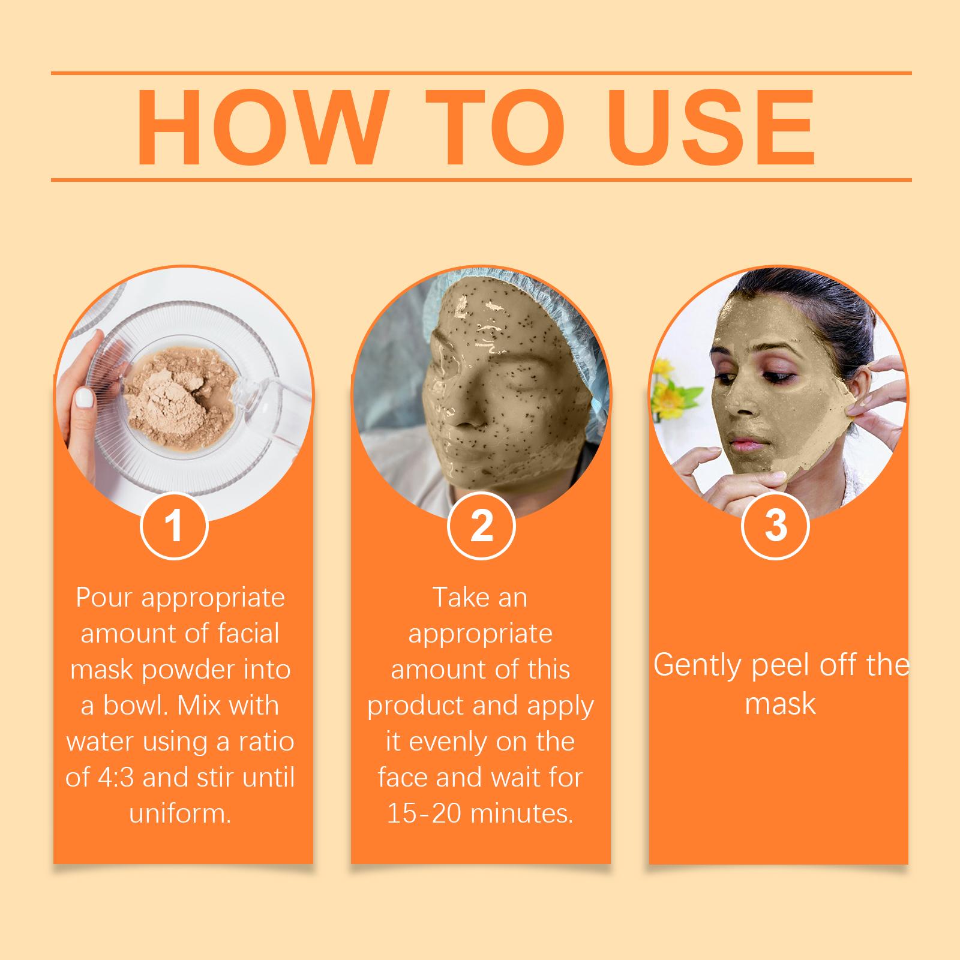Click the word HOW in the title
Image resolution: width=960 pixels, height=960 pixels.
260,127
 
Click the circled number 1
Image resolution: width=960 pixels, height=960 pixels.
174,526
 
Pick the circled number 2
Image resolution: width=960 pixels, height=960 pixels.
481,526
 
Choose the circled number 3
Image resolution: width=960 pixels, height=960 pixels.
776,526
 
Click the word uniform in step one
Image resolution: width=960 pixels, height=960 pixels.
180,814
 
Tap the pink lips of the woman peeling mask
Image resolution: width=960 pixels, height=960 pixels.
743,446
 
